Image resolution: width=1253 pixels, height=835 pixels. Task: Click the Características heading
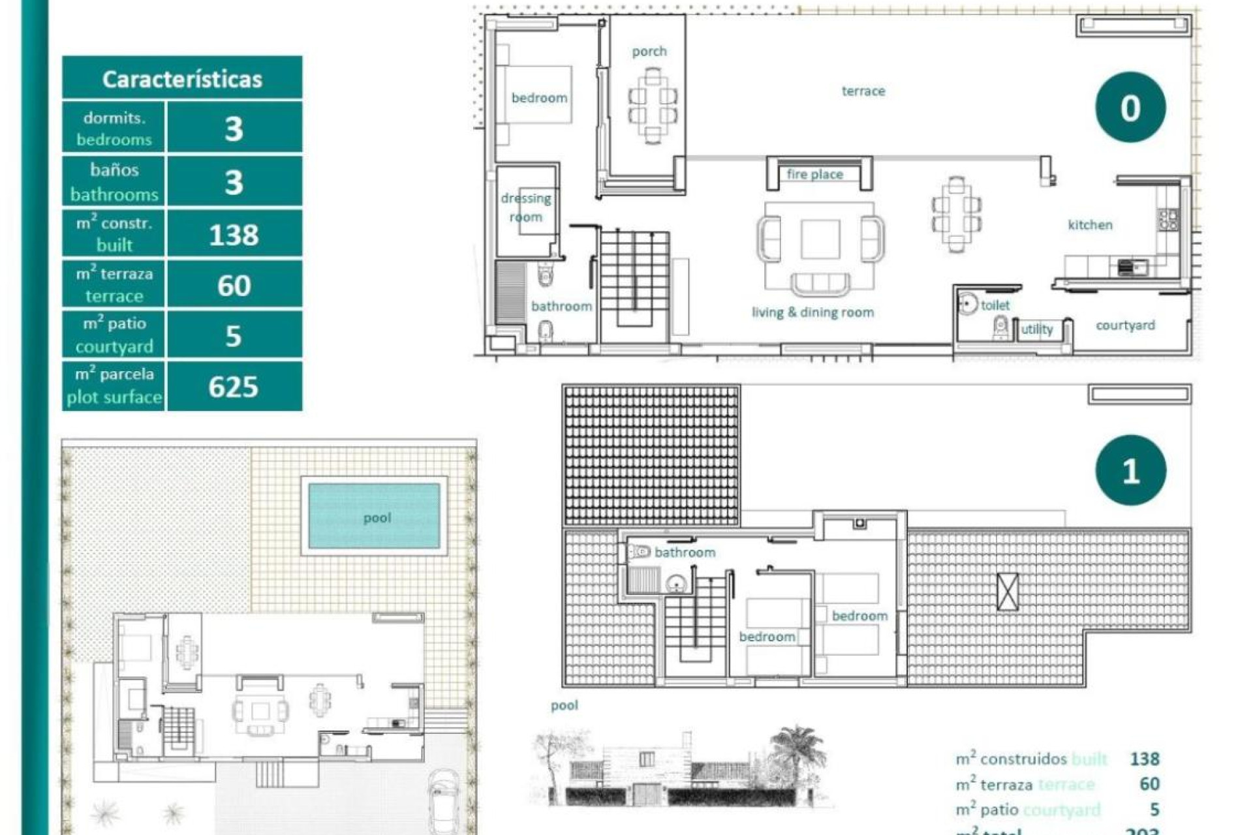(182, 79)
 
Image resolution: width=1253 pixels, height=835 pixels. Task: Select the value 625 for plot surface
(234, 387)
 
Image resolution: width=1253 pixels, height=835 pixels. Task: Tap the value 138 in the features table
(234, 235)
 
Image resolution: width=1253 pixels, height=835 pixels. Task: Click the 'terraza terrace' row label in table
(114, 285)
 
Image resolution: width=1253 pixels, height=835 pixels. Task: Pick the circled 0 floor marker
(1130, 108)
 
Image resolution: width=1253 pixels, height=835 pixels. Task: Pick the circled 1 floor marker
(1130, 470)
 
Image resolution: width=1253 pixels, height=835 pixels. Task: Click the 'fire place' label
(814, 174)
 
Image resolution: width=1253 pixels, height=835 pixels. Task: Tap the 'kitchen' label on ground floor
(1090, 225)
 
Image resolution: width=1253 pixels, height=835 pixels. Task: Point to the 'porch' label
(649, 52)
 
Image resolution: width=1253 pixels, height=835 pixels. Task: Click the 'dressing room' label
(526, 207)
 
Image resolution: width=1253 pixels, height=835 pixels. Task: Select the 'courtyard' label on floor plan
(1125, 325)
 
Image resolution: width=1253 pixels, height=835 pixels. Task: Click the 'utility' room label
(1037, 329)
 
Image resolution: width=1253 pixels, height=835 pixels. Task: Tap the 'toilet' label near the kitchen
(995, 305)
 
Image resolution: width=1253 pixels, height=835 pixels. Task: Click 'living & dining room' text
(812, 312)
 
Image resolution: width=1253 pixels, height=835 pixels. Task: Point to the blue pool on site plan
(374, 515)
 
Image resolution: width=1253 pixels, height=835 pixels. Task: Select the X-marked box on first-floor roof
(1008, 592)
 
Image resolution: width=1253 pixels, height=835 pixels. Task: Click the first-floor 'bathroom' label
(685, 553)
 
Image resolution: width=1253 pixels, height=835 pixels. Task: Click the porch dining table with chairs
(653, 106)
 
